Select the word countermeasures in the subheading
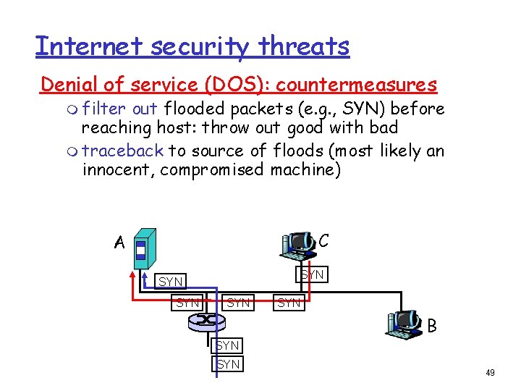356,85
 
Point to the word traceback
123,151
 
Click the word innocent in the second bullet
118,169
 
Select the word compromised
213,169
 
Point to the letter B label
432,326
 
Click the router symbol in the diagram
208,319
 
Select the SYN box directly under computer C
312,274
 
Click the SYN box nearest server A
171,281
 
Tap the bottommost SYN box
228,363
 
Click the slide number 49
490,372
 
